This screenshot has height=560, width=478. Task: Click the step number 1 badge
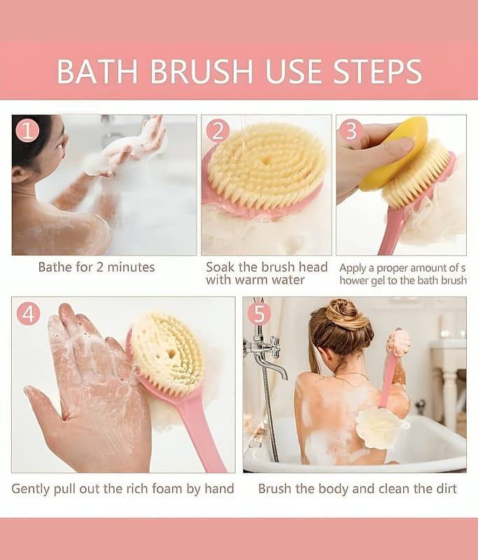(x=28, y=131)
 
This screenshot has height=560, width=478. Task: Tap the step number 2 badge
(x=218, y=131)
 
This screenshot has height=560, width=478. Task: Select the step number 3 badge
(x=351, y=130)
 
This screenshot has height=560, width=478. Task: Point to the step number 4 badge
(x=28, y=314)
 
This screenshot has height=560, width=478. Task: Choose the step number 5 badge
(x=260, y=314)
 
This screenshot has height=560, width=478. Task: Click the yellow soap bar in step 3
(x=396, y=153)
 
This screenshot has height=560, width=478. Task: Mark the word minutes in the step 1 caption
(x=131, y=267)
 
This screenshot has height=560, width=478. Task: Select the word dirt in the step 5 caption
(x=447, y=488)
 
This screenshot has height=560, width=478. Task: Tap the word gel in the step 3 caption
(x=379, y=281)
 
